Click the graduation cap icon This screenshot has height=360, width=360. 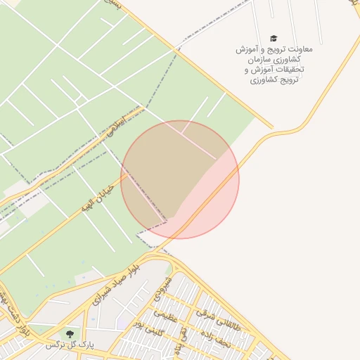pos(274,39)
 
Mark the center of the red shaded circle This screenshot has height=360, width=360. pos(180,179)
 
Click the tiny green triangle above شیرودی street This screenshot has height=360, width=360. pos(169,268)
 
